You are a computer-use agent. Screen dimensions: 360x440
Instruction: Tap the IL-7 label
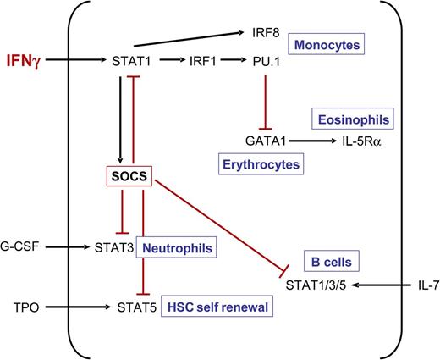click(x=409, y=286)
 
